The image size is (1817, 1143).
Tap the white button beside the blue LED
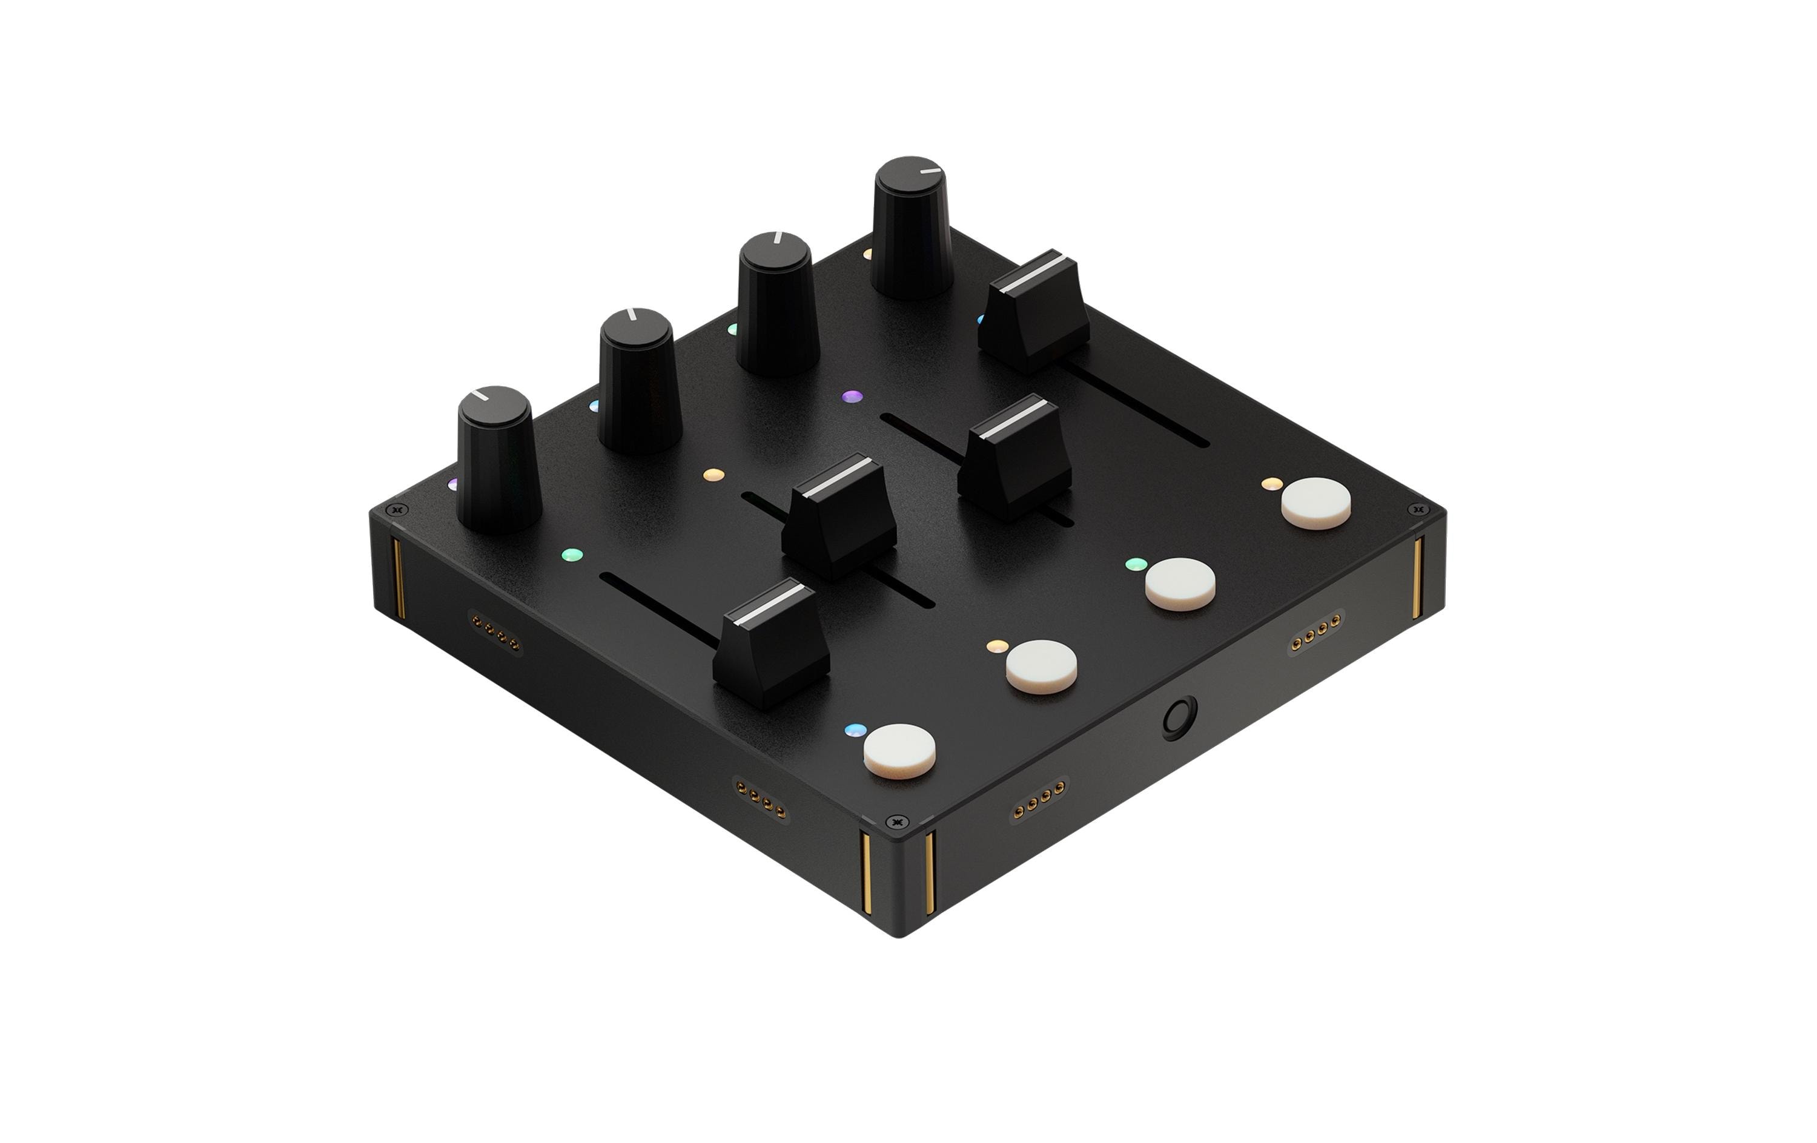pyautogui.click(x=899, y=750)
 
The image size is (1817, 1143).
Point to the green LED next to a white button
pyautogui.click(x=1136, y=564)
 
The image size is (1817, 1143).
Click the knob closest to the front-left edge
pyautogui.click(x=498, y=460)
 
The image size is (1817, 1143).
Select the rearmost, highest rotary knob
pyautogui.click(x=912, y=226)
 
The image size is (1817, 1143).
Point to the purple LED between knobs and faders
pyautogui.click(x=852, y=396)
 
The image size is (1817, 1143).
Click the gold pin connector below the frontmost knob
pyautogui.click(x=495, y=623)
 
